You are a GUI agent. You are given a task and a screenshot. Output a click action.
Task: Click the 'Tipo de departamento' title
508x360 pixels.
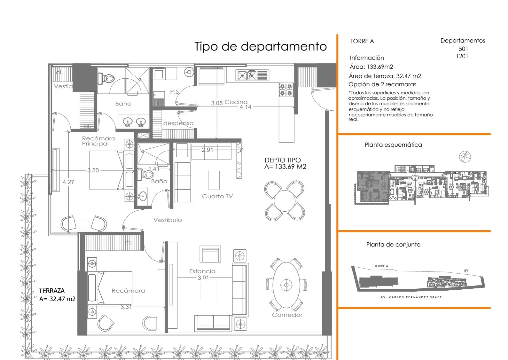coord(260,46)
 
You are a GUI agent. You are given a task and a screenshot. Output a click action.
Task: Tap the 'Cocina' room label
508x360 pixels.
coord(236,102)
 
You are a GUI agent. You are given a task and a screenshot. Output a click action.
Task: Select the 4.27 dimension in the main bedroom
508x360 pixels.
coord(68,182)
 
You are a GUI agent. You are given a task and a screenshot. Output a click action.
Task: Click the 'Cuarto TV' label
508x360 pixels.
coord(217,196)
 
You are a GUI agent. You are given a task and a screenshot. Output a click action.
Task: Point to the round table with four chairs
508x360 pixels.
coord(284,200)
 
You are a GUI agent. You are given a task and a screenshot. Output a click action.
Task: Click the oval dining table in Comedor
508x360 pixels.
coord(286,285)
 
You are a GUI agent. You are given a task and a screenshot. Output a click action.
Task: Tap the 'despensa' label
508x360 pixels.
coord(178,123)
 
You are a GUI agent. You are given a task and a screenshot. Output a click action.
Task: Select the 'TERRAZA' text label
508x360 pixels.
coord(52,291)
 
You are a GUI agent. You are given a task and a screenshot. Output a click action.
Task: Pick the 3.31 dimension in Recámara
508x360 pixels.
coord(126,307)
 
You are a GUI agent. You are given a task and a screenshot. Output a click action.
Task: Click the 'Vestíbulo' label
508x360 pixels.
coord(168,220)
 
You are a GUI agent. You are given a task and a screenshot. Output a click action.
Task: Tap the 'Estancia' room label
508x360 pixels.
coord(202,271)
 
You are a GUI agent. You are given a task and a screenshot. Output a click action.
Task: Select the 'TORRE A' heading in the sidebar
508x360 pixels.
coord(362,41)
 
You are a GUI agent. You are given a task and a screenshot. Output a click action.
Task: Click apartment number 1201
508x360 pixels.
coord(462,56)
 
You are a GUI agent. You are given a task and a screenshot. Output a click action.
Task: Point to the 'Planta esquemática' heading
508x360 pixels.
coord(393,145)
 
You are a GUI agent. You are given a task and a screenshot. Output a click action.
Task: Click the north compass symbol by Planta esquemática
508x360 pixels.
coord(465,156)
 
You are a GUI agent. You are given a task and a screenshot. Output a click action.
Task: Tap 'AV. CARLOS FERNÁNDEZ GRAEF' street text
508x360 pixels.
coord(411,297)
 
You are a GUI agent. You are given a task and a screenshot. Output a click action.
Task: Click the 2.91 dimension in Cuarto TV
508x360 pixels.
coord(207,150)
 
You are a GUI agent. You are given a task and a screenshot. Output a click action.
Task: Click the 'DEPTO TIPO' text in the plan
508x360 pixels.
coord(282,160)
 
